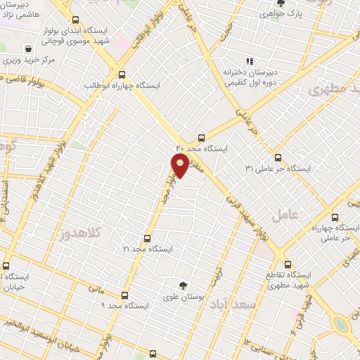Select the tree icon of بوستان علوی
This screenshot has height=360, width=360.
[184, 285]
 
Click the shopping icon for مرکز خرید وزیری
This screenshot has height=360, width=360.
[28, 50]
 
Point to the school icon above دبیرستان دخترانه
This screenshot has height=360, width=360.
[250, 61]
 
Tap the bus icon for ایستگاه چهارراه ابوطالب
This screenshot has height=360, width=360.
[122, 74]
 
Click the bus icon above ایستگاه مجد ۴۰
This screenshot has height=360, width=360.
[202, 138]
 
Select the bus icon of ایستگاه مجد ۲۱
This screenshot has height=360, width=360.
[147, 238]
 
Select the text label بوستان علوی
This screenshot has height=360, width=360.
[184, 297]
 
